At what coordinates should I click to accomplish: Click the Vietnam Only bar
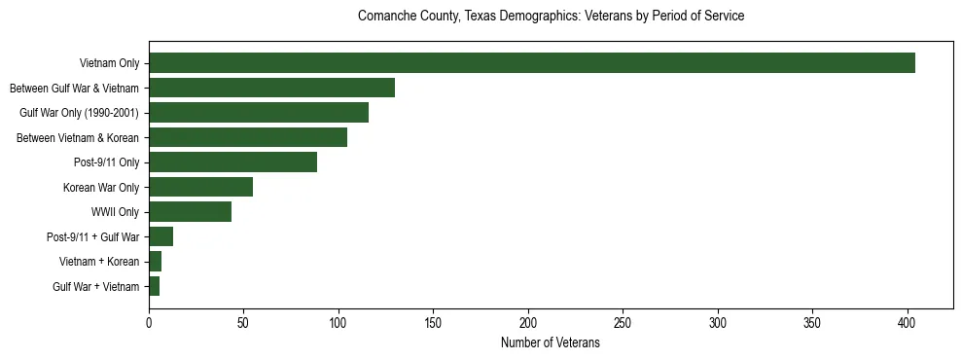tap(531, 63)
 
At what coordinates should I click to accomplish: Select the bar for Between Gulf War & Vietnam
tap(271, 88)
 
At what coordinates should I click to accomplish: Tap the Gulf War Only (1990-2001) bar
tap(259, 113)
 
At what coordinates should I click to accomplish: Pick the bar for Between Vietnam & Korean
tap(248, 137)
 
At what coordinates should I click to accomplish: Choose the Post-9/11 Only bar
tap(232, 162)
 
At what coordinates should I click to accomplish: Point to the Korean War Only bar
tap(200, 187)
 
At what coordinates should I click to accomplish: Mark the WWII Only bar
tap(190, 212)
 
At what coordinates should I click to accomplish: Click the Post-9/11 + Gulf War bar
tap(160, 236)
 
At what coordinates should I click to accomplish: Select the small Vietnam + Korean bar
tap(155, 262)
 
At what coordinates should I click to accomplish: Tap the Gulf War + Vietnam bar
tap(154, 286)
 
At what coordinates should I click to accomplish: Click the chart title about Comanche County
tap(551, 17)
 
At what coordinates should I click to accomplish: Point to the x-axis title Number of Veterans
tap(551, 343)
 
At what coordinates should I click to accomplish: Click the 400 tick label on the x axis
tap(908, 322)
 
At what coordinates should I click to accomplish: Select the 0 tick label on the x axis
tap(149, 322)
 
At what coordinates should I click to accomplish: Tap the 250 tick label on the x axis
tap(624, 322)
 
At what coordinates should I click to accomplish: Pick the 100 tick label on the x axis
tap(338, 322)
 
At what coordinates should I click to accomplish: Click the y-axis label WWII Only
tap(115, 212)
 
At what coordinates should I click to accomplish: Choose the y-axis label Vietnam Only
tap(109, 63)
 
